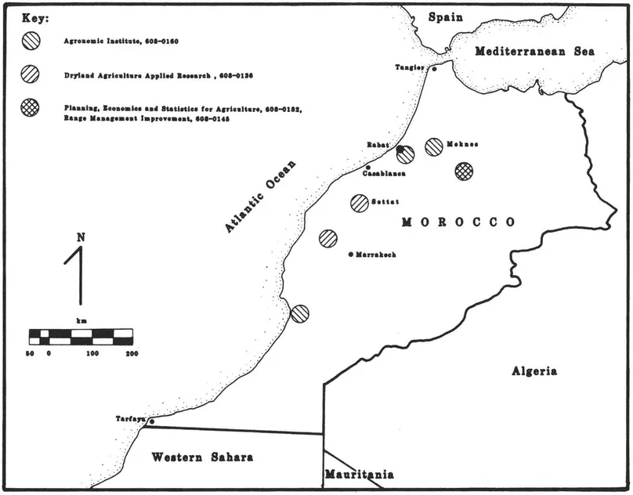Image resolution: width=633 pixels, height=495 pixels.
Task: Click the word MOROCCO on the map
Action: pos(458,222)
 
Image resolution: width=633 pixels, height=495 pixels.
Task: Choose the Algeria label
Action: pos(534,370)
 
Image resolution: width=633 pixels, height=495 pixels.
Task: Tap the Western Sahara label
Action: pos(202,457)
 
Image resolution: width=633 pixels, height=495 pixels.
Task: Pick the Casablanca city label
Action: pos(384,173)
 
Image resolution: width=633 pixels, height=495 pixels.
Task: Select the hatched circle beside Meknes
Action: pos(434,146)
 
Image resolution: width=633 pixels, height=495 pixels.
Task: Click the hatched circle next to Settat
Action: pos(360,202)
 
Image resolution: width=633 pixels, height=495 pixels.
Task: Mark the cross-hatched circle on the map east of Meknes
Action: pos(464,170)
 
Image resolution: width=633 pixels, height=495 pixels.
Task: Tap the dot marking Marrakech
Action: pos(351,255)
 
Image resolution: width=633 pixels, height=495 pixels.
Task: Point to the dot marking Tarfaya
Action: pos(152,422)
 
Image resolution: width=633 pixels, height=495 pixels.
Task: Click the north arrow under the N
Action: pos(79,274)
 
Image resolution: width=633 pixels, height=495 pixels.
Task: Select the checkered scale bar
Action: pos(81,337)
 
